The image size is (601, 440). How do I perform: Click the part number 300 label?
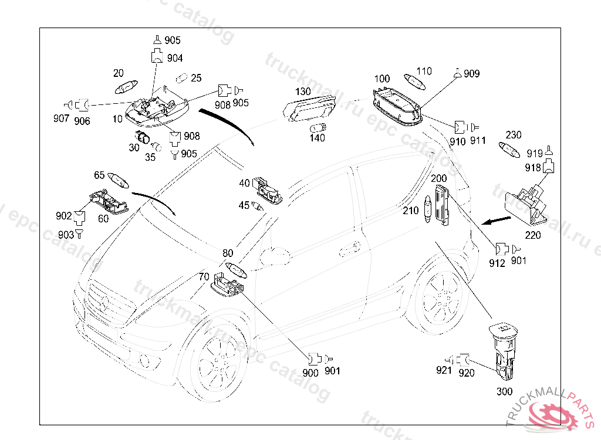tap(504, 391)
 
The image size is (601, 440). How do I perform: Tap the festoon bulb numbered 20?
tap(126, 87)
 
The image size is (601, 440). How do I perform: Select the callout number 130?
tap(303, 92)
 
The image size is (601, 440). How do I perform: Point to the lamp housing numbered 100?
tap(397, 106)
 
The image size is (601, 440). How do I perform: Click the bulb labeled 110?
tap(414, 82)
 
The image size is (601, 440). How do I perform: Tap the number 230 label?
tap(513, 135)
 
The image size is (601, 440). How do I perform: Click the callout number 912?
tap(497, 263)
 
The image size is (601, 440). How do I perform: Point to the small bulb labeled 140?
tap(318, 127)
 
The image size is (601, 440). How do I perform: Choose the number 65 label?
tap(99, 175)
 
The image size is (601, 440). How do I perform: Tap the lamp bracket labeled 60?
tap(109, 202)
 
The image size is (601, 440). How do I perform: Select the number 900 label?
tap(310, 373)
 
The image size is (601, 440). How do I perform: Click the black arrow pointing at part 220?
tap(497, 221)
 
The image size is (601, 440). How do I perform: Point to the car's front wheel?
tap(217, 362)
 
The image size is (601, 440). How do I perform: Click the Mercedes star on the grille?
tap(104, 303)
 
